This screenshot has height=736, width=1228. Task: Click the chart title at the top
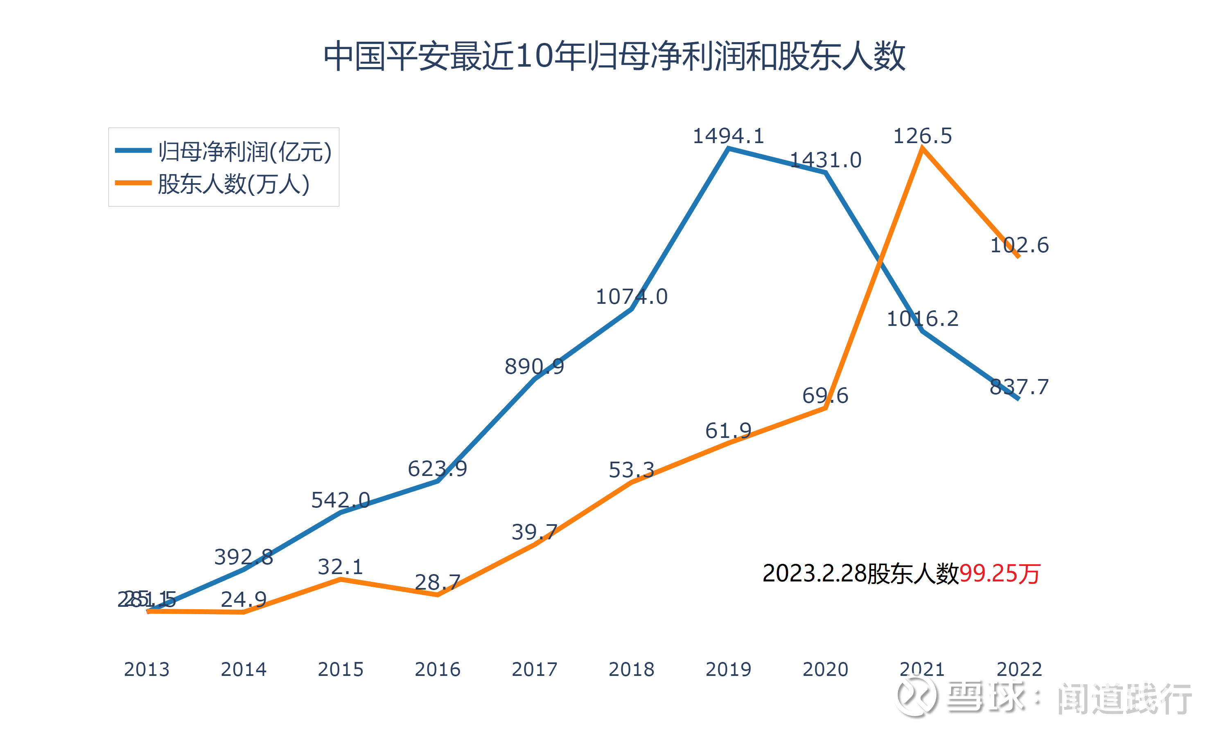(614, 56)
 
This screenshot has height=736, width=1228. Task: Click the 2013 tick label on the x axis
(147, 669)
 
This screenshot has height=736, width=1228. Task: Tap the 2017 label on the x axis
(535, 669)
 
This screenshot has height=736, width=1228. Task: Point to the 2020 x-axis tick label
(826, 669)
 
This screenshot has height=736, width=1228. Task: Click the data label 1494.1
(728, 136)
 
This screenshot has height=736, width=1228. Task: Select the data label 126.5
(922, 136)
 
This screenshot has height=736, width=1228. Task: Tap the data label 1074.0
(631, 296)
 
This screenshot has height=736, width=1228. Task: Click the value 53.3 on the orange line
(631, 470)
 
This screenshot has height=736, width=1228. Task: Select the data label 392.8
(243, 557)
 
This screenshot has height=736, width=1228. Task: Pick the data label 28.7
(437, 582)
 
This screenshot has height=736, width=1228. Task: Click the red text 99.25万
(999, 574)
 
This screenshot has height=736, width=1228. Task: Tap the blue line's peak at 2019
(728, 148)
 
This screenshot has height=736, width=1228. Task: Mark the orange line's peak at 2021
(922, 148)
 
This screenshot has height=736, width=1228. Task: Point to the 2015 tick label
(341, 669)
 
